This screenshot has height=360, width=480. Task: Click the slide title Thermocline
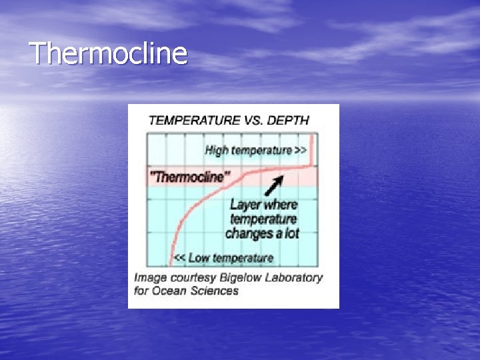click(109, 53)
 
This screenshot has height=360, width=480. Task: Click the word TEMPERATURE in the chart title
click(193, 121)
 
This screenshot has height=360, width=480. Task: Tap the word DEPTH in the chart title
click(287, 121)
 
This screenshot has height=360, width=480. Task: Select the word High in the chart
click(217, 150)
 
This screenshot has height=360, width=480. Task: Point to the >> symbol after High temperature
click(301, 150)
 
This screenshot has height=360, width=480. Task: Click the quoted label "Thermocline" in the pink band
click(189, 177)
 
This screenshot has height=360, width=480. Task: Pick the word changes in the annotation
click(250, 233)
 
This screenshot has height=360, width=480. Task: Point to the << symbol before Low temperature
click(179, 258)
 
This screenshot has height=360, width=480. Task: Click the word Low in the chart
click(199, 258)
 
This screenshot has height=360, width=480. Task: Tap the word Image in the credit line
click(150, 277)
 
